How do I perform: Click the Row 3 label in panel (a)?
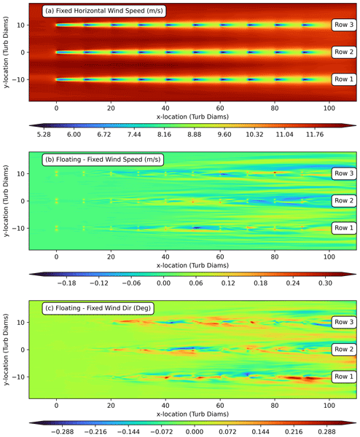click(x=344, y=25)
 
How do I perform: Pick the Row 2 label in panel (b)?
click(x=344, y=200)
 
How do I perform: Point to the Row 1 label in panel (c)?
click(x=344, y=377)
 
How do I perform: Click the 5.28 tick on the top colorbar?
click(x=44, y=134)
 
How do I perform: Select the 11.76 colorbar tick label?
click(x=315, y=134)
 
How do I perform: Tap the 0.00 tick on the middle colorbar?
click(x=163, y=283)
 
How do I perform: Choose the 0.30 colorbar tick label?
click(x=325, y=283)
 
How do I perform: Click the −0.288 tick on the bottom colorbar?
click(x=63, y=432)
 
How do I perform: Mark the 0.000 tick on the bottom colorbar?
click(x=195, y=432)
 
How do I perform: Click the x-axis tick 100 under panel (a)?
click(x=329, y=108)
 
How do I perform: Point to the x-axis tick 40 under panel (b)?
click(x=165, y=256)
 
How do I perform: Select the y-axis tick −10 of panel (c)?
click(x=20, y=377)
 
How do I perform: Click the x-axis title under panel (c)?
click(x=192, y=414)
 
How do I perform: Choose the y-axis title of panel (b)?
click(x=6, y=201)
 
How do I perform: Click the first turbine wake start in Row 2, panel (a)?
click(x=57, y=52)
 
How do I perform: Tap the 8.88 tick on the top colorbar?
click(x=195, y=134)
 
